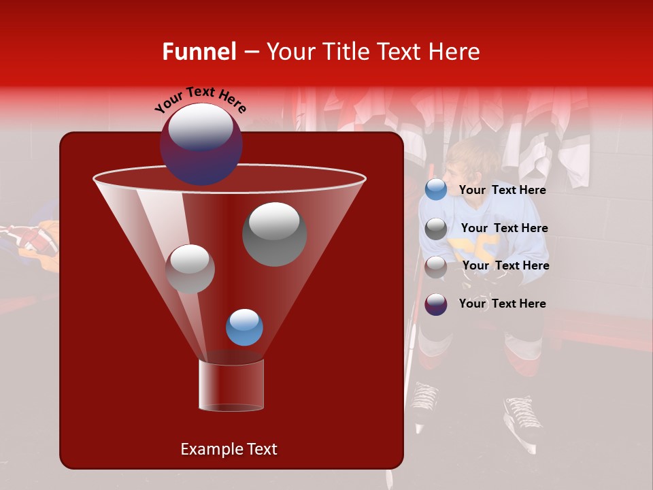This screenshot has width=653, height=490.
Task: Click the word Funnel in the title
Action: point(199,52)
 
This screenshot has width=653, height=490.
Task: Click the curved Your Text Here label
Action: point(201,99)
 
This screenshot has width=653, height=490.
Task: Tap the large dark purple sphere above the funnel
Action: point(201,144)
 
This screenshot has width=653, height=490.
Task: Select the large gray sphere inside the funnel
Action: point(274,234)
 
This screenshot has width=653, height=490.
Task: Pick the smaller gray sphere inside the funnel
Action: point(190,269)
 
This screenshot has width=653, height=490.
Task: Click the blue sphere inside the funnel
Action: point(244,327)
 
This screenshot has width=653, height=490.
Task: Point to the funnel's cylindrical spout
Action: point(231,385)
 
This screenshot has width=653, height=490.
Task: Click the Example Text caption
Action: point(229,449)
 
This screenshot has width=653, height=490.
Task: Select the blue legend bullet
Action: point(436,190)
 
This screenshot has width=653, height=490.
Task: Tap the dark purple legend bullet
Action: point(436,304)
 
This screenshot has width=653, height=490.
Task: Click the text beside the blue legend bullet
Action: point(502,191)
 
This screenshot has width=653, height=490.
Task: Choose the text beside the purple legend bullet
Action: point(502,304)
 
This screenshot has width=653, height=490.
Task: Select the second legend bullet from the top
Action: point(436,229)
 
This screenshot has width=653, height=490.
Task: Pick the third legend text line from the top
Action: point(505,265)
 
